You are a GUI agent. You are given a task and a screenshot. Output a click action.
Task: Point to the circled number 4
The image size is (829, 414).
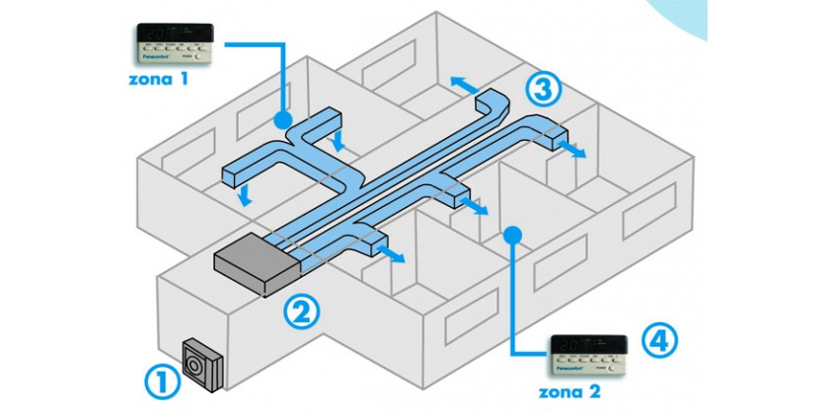659,340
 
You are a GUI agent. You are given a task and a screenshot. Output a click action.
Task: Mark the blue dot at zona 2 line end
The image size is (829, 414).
511,234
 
